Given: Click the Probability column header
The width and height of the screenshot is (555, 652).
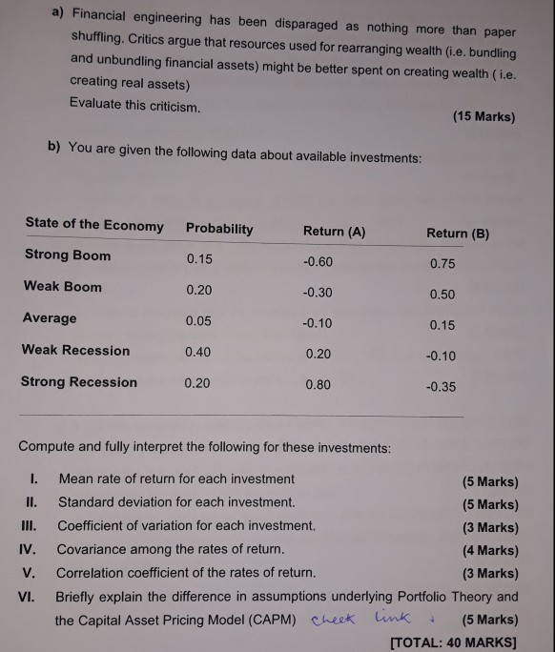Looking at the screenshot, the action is point(219,229).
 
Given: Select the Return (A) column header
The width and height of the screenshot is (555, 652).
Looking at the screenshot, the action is point(334,232).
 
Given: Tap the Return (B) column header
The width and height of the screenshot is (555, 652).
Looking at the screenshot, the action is point(458,234).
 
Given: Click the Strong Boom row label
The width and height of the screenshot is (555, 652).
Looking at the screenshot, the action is point(67,255).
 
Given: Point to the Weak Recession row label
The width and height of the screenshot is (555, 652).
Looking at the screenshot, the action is point(75,350).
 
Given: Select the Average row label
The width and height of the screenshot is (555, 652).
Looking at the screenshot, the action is point(50,318).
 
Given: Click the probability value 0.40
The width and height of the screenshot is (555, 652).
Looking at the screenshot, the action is point(197,352).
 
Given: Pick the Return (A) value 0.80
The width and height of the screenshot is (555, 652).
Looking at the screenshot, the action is point(319,385).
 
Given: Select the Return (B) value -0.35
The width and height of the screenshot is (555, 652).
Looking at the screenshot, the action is point(441,387).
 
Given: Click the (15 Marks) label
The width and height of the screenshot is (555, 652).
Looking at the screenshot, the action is point(483,117).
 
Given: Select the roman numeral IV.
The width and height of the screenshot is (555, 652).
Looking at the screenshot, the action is point(28,549).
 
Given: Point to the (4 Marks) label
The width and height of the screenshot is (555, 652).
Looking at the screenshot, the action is point(490,550).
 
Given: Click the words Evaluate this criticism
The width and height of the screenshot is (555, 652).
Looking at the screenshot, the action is point(135,105).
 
